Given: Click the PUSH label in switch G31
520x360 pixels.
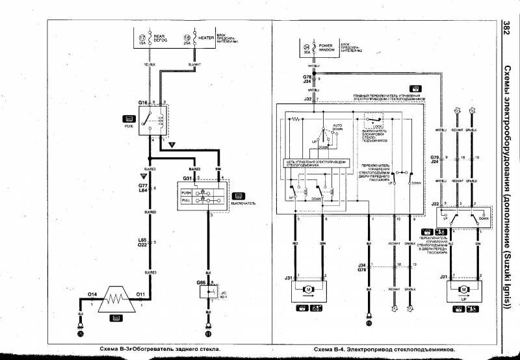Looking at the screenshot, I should point(187,193).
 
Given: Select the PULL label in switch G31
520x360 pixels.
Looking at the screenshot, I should point(187,201).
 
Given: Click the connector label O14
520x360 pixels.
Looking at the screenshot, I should point(92,294).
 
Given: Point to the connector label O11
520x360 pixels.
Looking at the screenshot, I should point(139,294).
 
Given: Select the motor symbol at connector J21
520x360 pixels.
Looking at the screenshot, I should point(462,287).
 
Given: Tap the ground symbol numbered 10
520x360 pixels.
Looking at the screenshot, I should point(369,322).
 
